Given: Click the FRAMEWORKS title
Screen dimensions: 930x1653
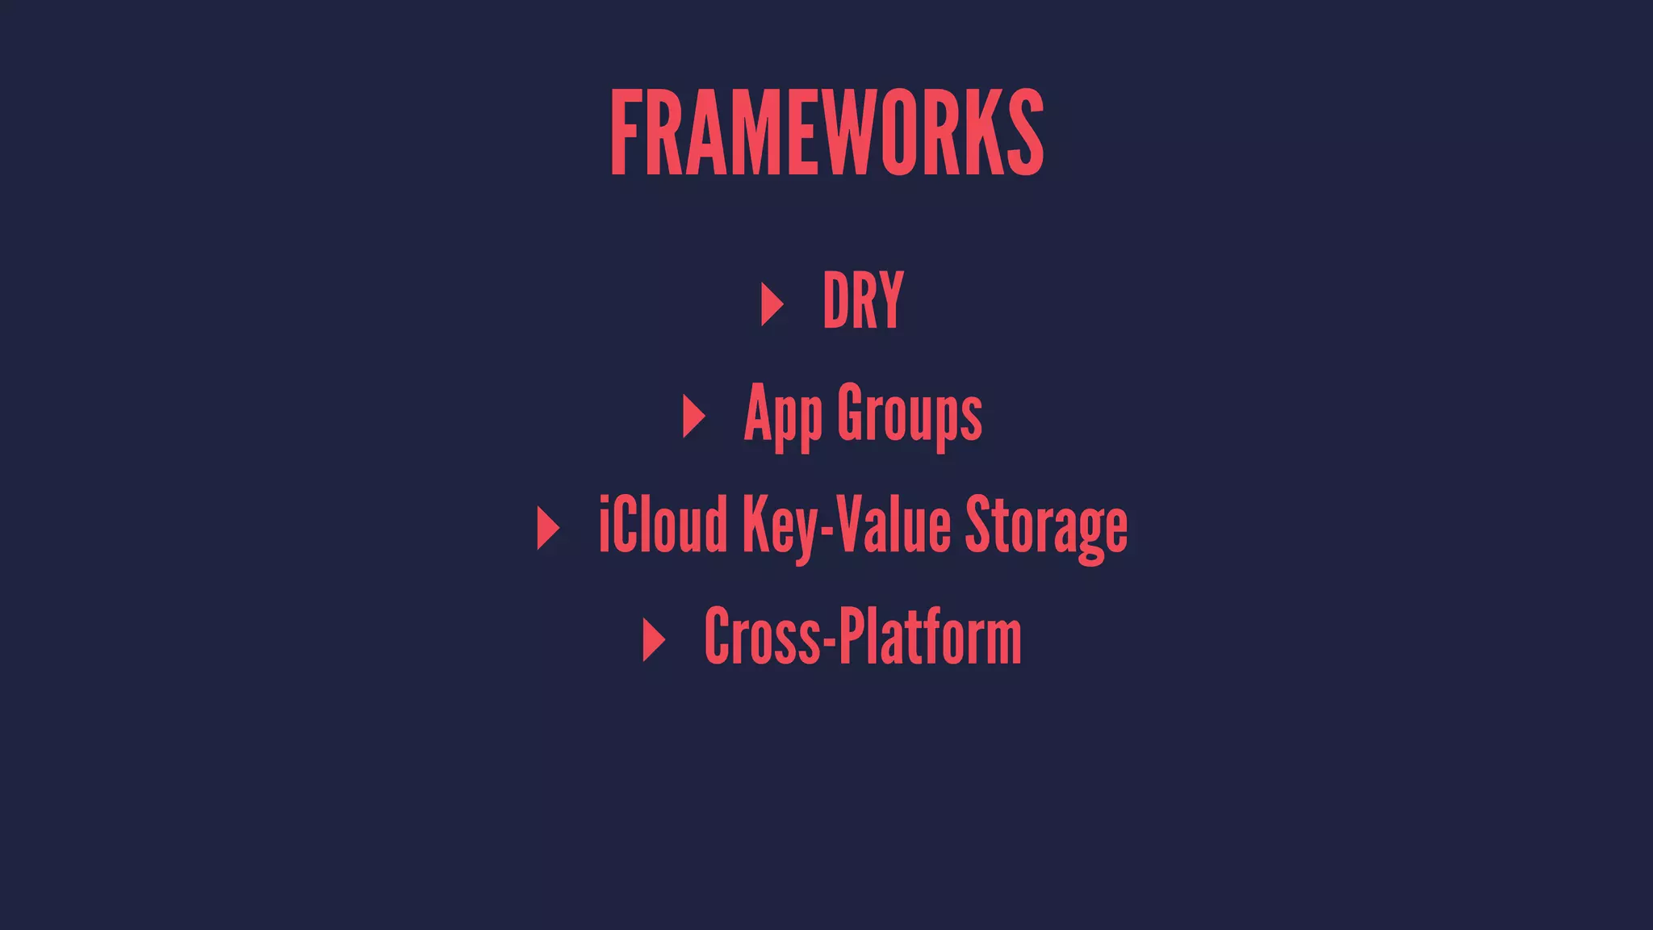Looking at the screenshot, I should pos(826,133).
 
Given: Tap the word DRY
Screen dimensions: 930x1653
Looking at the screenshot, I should pos(863,301).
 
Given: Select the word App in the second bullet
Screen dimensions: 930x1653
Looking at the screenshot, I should pos(782,415).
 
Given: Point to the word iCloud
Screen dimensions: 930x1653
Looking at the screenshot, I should pos(663,526).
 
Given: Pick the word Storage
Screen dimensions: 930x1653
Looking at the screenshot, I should pos(1046,526).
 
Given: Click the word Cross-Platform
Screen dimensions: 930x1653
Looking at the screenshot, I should pos(863,637).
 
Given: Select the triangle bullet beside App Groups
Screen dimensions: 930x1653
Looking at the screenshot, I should pos(693,416).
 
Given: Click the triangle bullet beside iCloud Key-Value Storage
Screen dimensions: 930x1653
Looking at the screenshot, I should pos(547,528).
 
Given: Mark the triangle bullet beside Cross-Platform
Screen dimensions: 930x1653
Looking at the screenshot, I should pos(653,639).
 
